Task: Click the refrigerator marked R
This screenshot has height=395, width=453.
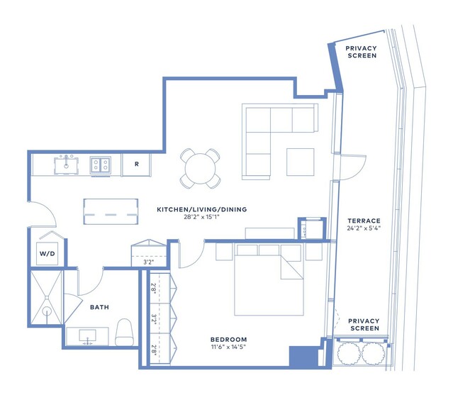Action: coord(136,165)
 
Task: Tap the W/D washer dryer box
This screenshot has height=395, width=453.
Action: coord(47,254)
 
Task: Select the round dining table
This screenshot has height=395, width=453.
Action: coord(200,169)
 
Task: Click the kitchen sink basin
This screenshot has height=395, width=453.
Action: coord(66,165)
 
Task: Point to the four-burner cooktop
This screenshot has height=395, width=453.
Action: coord(100,165)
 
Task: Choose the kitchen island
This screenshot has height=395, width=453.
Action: coord(111,211)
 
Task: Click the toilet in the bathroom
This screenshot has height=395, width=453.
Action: coord(124,333)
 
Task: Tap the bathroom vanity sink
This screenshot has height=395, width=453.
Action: coord(87,336)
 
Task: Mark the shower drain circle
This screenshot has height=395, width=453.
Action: coord(47,311)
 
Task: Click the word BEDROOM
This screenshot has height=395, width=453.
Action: coord(228,340)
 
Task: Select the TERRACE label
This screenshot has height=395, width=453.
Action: coord(364,221)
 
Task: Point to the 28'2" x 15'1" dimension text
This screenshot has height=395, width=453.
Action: coord(201,217)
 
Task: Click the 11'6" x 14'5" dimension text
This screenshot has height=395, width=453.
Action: coord(228,347)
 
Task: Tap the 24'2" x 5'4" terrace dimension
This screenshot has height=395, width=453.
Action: coord(364,228)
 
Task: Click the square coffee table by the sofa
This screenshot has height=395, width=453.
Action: coord(300,162)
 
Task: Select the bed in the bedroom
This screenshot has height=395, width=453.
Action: coord(269,280)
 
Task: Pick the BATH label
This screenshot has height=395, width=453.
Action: coord(99,307)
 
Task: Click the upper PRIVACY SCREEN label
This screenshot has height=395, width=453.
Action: coord(362,52)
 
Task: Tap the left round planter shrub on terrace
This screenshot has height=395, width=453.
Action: coord(348,353)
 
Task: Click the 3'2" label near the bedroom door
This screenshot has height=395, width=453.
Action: coord(149,262)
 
